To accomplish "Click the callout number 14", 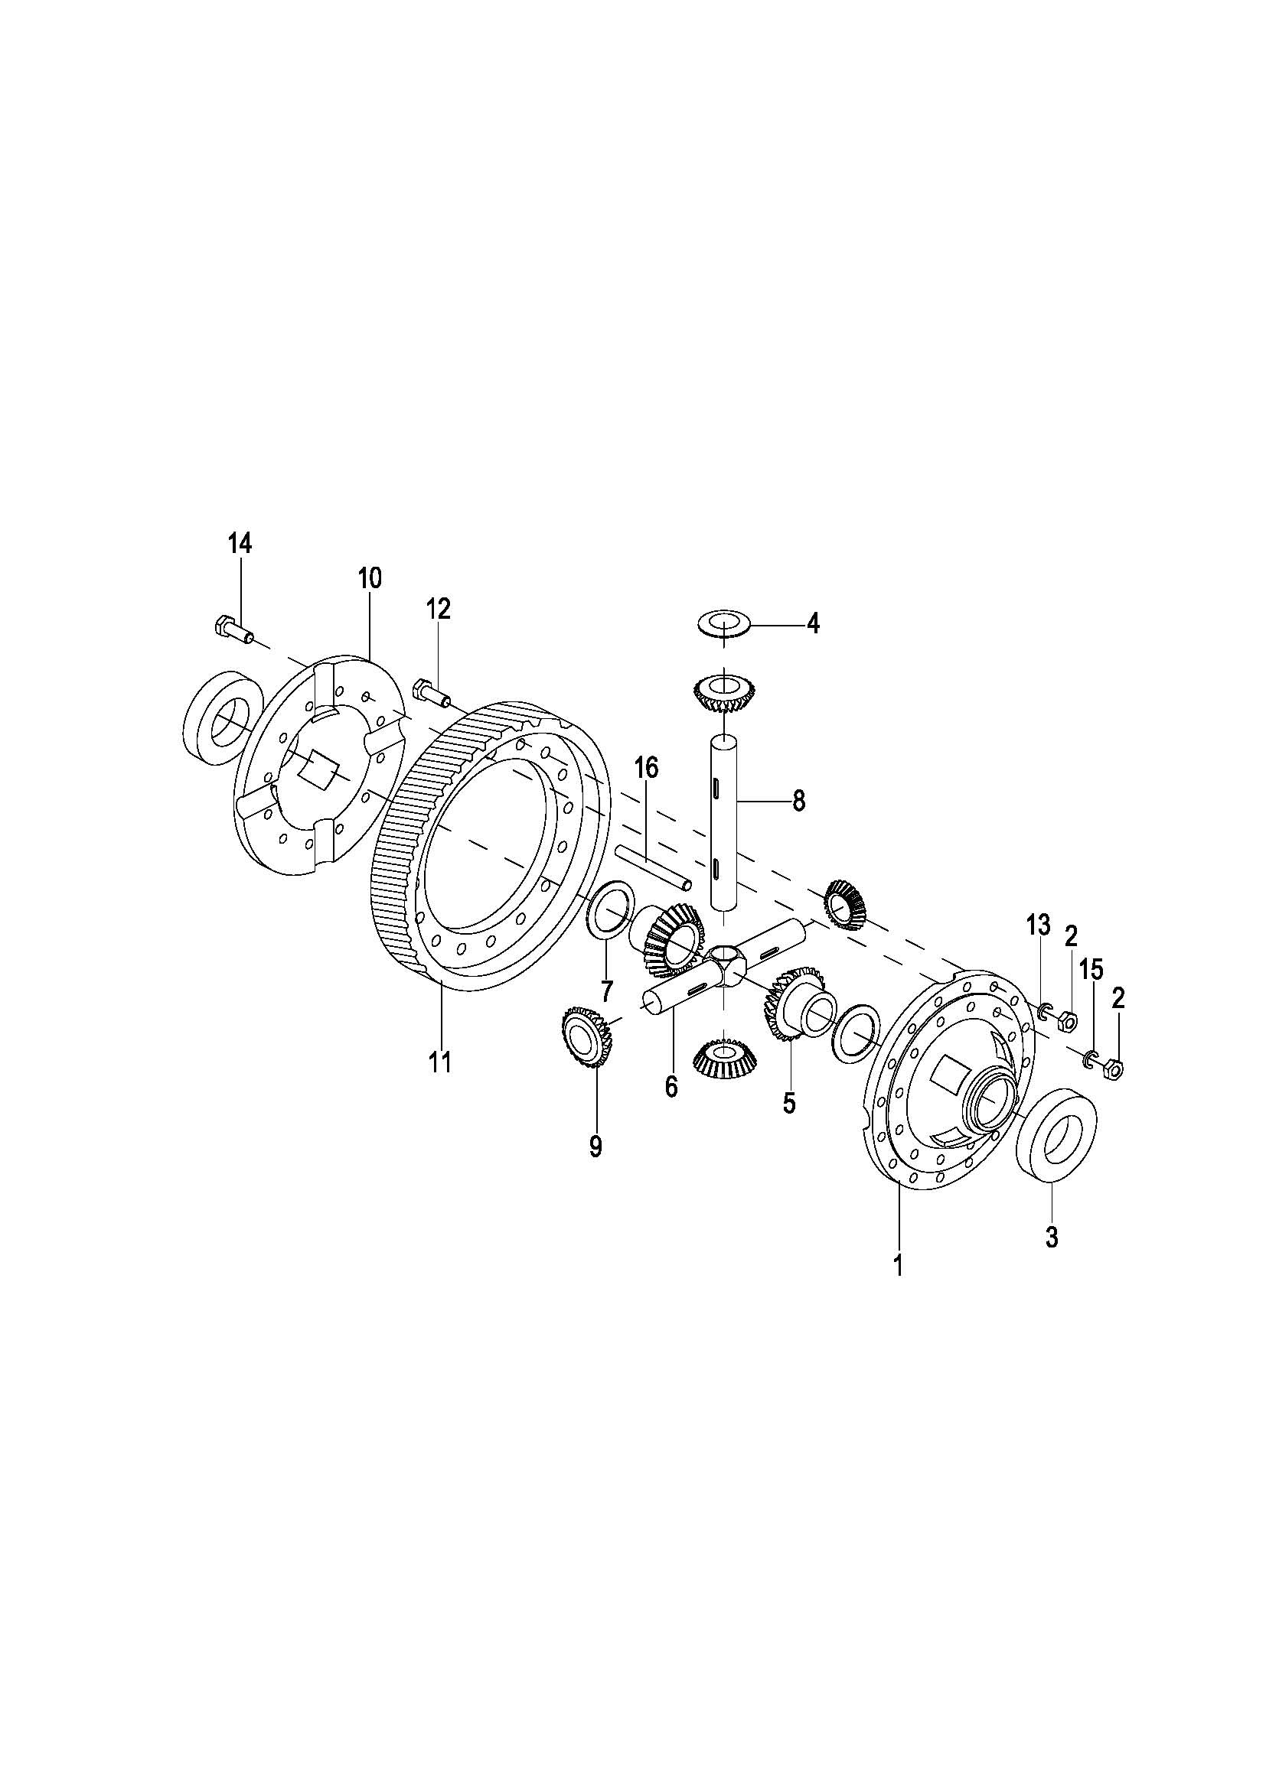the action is (x=240, y=544).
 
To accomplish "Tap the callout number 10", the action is (x=370, y=578).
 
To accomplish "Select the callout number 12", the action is (x=438, y=609).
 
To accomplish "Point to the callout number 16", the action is (x=646, y=767).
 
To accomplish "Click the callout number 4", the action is (x=813, y=623).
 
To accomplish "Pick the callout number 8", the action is (x=798, y=801).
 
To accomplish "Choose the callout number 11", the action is (x=440, y=1062).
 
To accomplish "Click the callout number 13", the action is (x=1039, y=926).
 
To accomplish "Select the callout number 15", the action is (x=1091, y=969).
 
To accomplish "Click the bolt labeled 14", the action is (x=233, y=629).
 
